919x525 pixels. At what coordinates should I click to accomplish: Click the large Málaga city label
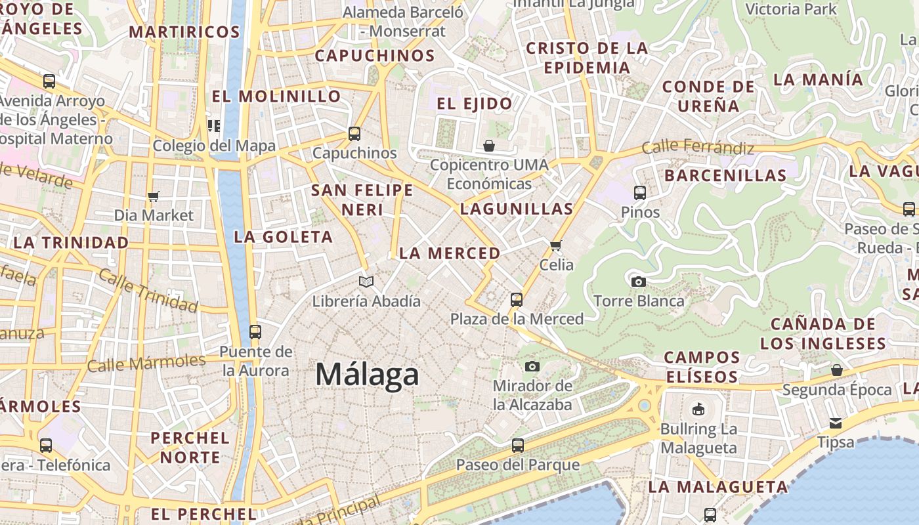point(367,375)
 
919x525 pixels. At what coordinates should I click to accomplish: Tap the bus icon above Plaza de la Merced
point(517,300)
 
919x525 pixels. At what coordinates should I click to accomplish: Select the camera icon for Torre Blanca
point(638,282)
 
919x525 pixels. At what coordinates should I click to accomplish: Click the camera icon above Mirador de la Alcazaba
point(532,366)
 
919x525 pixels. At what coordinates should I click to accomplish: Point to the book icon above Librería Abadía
point(366,282)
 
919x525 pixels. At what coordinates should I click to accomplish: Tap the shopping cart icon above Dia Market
point(154,196)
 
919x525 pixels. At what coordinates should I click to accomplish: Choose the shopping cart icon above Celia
point(556,245)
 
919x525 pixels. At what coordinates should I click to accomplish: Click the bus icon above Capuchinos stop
point(354,134)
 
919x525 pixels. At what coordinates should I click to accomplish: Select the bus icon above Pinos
point(640,193)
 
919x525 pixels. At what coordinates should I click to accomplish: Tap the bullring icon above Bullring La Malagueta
point(698,409)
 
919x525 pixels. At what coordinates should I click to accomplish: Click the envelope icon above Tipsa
point(836,423)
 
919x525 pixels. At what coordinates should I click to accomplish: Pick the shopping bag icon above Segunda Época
point(837,370)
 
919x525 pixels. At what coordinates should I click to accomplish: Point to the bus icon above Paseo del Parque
point(518,446)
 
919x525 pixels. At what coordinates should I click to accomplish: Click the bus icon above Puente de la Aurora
point(255,332)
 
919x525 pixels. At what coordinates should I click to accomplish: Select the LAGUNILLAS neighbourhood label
point(517,209)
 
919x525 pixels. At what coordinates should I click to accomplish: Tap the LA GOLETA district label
point(284,237)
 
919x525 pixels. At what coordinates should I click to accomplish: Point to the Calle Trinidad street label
point(148,291)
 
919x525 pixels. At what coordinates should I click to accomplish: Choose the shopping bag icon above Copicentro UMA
point(489,145)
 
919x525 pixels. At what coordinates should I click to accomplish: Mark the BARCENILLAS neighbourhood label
point(725,176)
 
